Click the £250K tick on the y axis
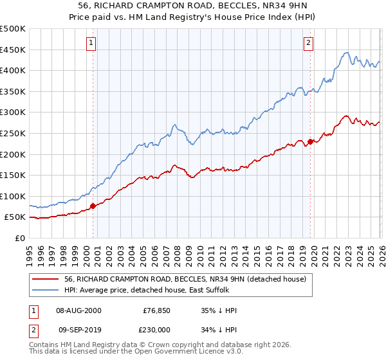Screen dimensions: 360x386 coord(13,133)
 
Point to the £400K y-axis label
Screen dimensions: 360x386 coord(13,71)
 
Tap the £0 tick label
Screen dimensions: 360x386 coord(19,238)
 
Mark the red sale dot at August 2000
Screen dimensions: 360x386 coord(93,206)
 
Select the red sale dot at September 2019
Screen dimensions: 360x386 coord(310,141)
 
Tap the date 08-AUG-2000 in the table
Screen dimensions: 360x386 coord(78,310)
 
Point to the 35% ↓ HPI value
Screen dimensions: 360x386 coord(219,310)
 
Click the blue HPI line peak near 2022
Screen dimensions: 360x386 coord(346,53)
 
